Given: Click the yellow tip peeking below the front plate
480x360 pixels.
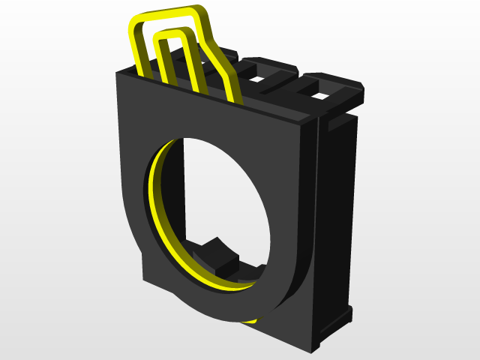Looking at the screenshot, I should [250, 320].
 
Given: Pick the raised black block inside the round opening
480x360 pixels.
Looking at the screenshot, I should [217, 255].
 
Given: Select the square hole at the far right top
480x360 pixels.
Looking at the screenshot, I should [321, 96].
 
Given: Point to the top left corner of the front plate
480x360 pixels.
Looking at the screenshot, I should [118, 73].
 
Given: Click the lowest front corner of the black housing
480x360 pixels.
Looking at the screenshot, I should [310, 349].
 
